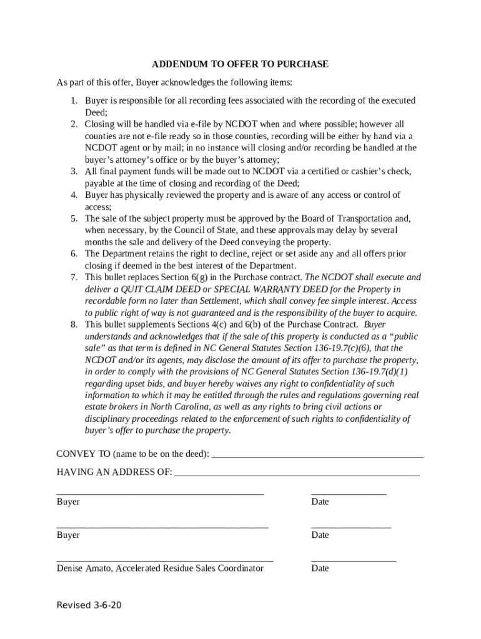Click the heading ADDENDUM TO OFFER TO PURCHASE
point(241,64)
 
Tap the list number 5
point(73,218)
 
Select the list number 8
point(73,324)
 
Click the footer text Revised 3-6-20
point(89,605)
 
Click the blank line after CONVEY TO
point(317,454)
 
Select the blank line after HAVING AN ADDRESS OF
point(297,473)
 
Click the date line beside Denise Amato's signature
point(353,560)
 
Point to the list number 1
point(73,100)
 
